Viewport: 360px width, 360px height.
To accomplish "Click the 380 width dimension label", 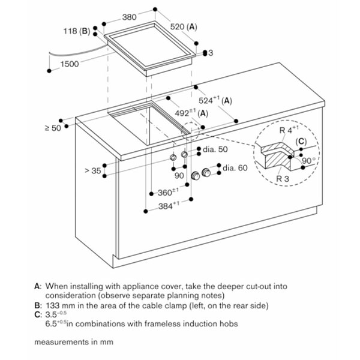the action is [x=129, y=17].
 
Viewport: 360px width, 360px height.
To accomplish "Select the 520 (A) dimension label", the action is [x=184, y=27].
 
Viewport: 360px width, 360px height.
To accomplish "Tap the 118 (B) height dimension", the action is [x=77, y=31].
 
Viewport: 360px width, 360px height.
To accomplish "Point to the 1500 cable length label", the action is [x=70, y=64].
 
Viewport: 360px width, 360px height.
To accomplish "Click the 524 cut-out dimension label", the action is [x=215, y=100].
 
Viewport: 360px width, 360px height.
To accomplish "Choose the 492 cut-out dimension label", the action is [x=191, y=113].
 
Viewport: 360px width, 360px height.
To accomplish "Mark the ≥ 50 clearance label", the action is [x=53, y=128].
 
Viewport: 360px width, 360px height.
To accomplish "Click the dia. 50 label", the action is [x=215, y=149].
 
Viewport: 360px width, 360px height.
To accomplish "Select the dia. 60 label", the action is [x=235, y=168].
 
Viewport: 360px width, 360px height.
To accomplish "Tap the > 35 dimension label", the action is [x=93, y=171].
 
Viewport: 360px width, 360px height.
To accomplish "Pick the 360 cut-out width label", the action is [x=168, y=192].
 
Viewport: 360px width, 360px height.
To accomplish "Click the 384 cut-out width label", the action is [x=169, y=206].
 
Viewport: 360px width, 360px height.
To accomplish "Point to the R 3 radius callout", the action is [x=283, y=179].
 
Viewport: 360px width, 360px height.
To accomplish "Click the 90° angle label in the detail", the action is [x=308, y=161].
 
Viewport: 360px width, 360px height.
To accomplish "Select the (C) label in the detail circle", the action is [x=301, y=142].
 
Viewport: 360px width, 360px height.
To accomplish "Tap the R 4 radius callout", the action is [x=289, y=130].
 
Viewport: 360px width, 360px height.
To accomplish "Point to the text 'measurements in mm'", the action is [x=74, y=342].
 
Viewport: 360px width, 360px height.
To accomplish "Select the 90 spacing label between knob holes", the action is [x=179, y=176].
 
